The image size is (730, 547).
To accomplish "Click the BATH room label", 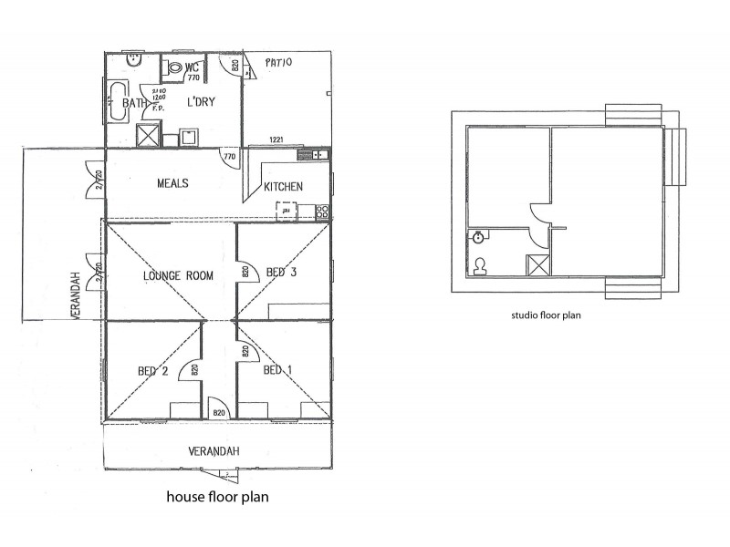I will tap(133, 103).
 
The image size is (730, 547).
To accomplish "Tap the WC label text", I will tap(192, 67).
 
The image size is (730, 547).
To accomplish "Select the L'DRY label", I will tap(201, 102).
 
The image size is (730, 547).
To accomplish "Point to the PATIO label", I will tap(277, 63).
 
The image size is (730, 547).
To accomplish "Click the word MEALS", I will tap(172, 183).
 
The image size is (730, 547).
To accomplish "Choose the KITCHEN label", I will tap(283, 187).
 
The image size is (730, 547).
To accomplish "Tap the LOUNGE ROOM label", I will tap(179, 274).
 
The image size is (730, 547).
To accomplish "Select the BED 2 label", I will tap(151, 371).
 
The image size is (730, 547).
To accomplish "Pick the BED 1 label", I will tap(277, 371).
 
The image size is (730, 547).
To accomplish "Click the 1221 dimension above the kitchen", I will tap(276, 139).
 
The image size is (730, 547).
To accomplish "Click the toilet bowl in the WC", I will tap(173, 67).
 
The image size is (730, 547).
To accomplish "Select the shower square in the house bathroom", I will tap(146, 136).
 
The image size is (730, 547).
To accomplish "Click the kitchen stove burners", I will tap(321, 212).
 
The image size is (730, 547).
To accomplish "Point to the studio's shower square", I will tap(537, 265).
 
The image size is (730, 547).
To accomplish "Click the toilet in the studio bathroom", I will tap(480, 266).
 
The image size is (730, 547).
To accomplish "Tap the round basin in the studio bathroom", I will tap(478, 237).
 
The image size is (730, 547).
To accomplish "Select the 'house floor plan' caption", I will tap(215, 498).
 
